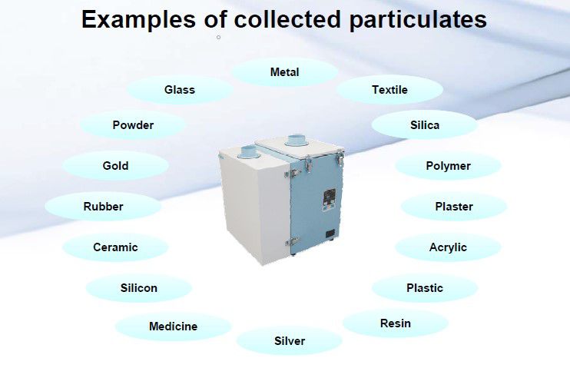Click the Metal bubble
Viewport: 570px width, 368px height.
(284, 72)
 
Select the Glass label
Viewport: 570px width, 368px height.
(180, 90)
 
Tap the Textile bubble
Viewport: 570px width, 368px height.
(389, 90)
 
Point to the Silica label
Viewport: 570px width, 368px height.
(425, 124)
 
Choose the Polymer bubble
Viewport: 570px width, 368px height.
(448, 166)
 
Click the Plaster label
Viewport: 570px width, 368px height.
(454, 207)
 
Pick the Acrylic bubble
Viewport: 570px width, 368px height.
(448, 247)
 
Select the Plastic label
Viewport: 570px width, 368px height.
(425, 288)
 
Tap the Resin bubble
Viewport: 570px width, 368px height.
(395, 323)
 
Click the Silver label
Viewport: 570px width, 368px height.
(290, 341)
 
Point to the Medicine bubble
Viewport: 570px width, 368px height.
(173, 327)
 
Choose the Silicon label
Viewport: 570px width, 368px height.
(139, 288)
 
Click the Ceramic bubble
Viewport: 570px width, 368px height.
(115, 247)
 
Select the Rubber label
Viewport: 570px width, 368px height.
(103, 207)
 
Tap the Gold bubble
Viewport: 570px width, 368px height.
(115, 166)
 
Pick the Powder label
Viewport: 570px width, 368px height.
(133, 125)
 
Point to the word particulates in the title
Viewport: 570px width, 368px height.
(419, 20)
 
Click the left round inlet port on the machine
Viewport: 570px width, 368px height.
(250, 151)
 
